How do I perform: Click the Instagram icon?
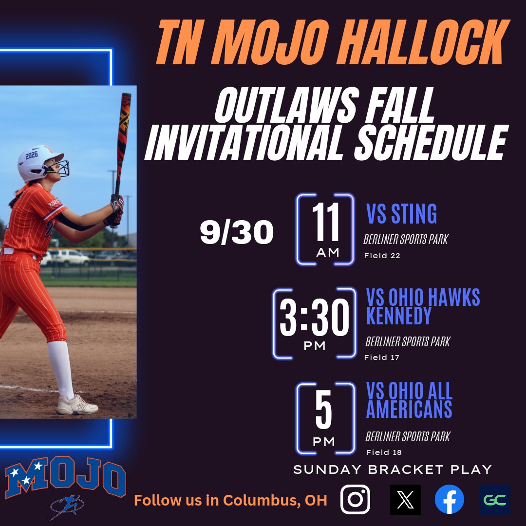[355, 499]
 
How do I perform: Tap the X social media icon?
[405, 500]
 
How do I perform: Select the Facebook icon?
[449, 500]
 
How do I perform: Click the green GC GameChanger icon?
[494, 500]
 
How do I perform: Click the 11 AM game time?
[325, 229]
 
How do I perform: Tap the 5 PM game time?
[324, 418]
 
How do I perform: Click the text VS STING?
[401, 214]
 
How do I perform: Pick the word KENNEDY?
[398, 316]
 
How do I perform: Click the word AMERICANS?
[409, 410]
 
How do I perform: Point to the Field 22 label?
[382, 256]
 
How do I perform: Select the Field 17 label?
[381, 357]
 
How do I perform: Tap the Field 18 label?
[384, 452]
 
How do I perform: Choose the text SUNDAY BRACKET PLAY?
[392, 470]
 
